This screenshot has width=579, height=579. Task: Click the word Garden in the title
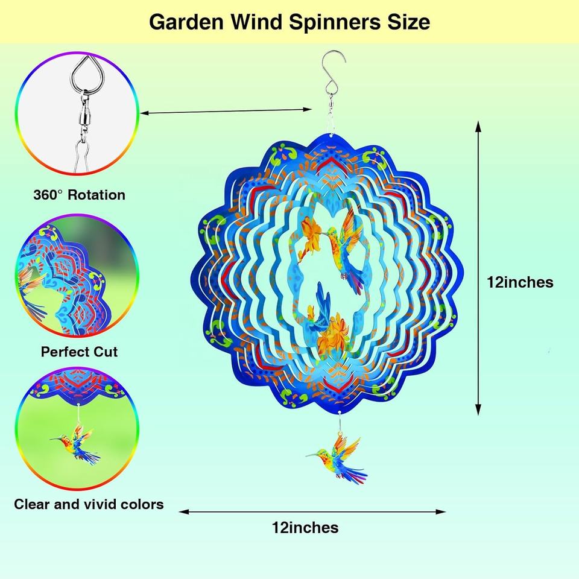(x=186, y=22)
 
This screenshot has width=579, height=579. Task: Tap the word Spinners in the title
(x=335, y=22)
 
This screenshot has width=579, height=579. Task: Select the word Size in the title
(x=408, y=22)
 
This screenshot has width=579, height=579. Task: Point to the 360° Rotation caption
(x=80, y=195)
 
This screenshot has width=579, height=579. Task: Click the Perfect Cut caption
(x=79, y=352)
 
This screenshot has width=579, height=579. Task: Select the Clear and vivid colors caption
(x=89, y=504)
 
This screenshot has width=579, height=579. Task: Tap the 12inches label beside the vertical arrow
(x=520, y=282)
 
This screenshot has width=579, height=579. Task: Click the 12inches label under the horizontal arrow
(x=305, y=527)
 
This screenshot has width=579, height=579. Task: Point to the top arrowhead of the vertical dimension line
(x=478, y=126)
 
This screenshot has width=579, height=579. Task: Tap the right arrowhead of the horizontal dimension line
(x=441, y=512)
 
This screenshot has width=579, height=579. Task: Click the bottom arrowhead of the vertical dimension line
(x=478, y=410)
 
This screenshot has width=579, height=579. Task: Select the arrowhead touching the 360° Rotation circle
(x=144, y=113)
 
